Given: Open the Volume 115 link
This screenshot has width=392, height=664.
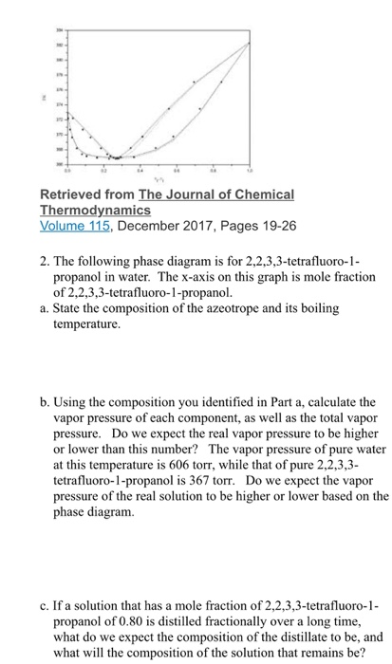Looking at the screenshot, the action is click(72, 226).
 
